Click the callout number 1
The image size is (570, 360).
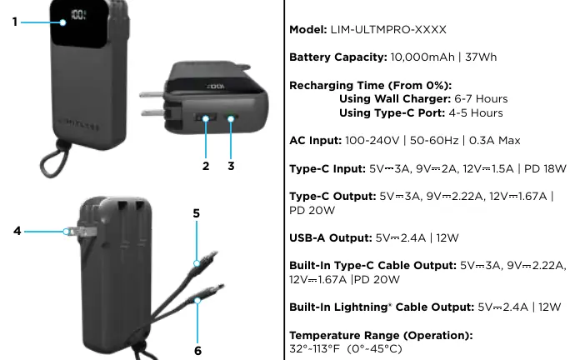14,22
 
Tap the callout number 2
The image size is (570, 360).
206,166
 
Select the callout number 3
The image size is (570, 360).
231,166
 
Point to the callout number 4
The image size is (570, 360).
17,231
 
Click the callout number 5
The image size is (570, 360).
197,213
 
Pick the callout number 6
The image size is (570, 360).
197,351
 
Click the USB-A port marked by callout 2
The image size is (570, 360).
205,117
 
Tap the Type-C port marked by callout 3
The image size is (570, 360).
232,117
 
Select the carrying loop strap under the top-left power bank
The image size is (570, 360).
54,160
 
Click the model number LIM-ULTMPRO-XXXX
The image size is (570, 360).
388,29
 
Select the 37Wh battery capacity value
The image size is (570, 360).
481,57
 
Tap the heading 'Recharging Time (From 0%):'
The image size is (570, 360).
371,86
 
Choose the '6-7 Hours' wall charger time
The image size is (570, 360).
481,99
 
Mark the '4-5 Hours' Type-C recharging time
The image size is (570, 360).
476,112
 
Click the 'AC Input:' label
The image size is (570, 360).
316,140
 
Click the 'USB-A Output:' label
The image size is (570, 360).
331,237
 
